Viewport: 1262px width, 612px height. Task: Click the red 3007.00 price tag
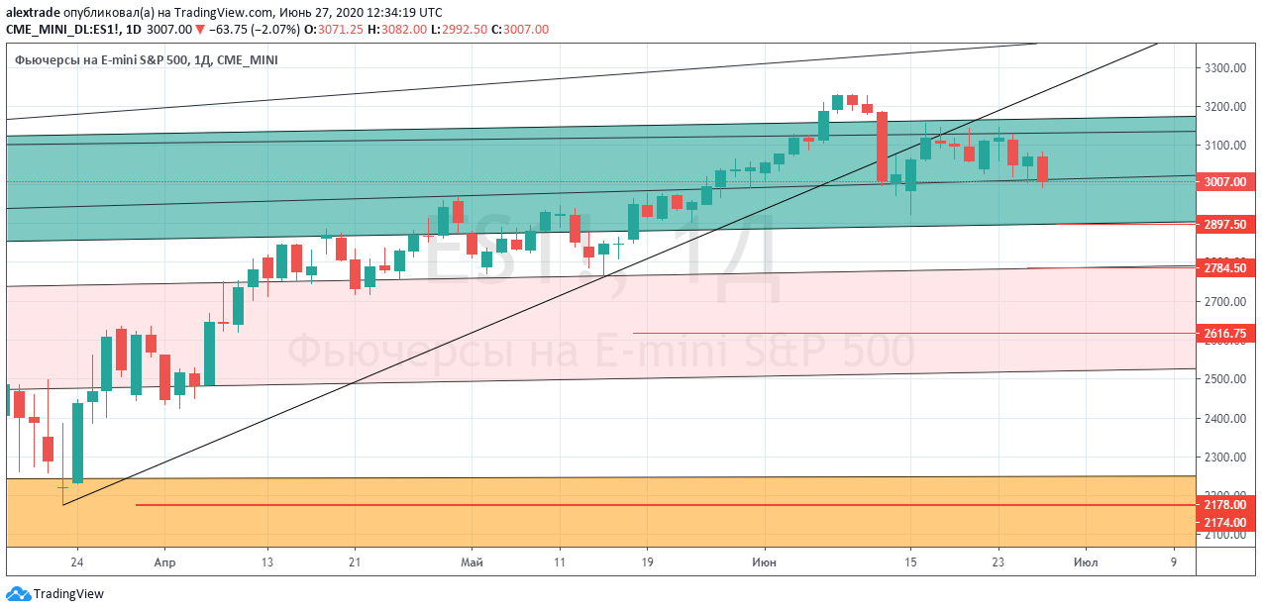pyautogui.click(x=1225, y=182)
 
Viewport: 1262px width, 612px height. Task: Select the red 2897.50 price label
pyautogui.click(x=1225, y=224)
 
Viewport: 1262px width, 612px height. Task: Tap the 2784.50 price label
pyautogui.click(x=1225, y=267)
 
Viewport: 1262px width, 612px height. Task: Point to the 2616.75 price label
pyautogui.click(x=1225, y=334)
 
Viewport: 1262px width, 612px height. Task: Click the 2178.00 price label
pyautogui.click(x=1225, y=505)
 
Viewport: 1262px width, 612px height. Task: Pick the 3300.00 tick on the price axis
pyautogui.click(x=1225, y=68)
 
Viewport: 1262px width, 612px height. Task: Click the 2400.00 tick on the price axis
pyautogui.click(x=1225, y=419)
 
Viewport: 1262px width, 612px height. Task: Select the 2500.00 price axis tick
pyautogui.click(x=1225, y=379)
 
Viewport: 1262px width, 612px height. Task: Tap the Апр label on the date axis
pyautogui.click(x=165, y=563)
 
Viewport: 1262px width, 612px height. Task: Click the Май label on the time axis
pyautogui.click(x=473, y=563)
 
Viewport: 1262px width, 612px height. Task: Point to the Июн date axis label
pyautogui.click(x=764, y=563)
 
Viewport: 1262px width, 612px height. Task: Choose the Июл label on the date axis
pyautogui.click(x=1086, y=563)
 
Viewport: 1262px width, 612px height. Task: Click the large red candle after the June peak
pyautogui.click(x=882, y=147)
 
